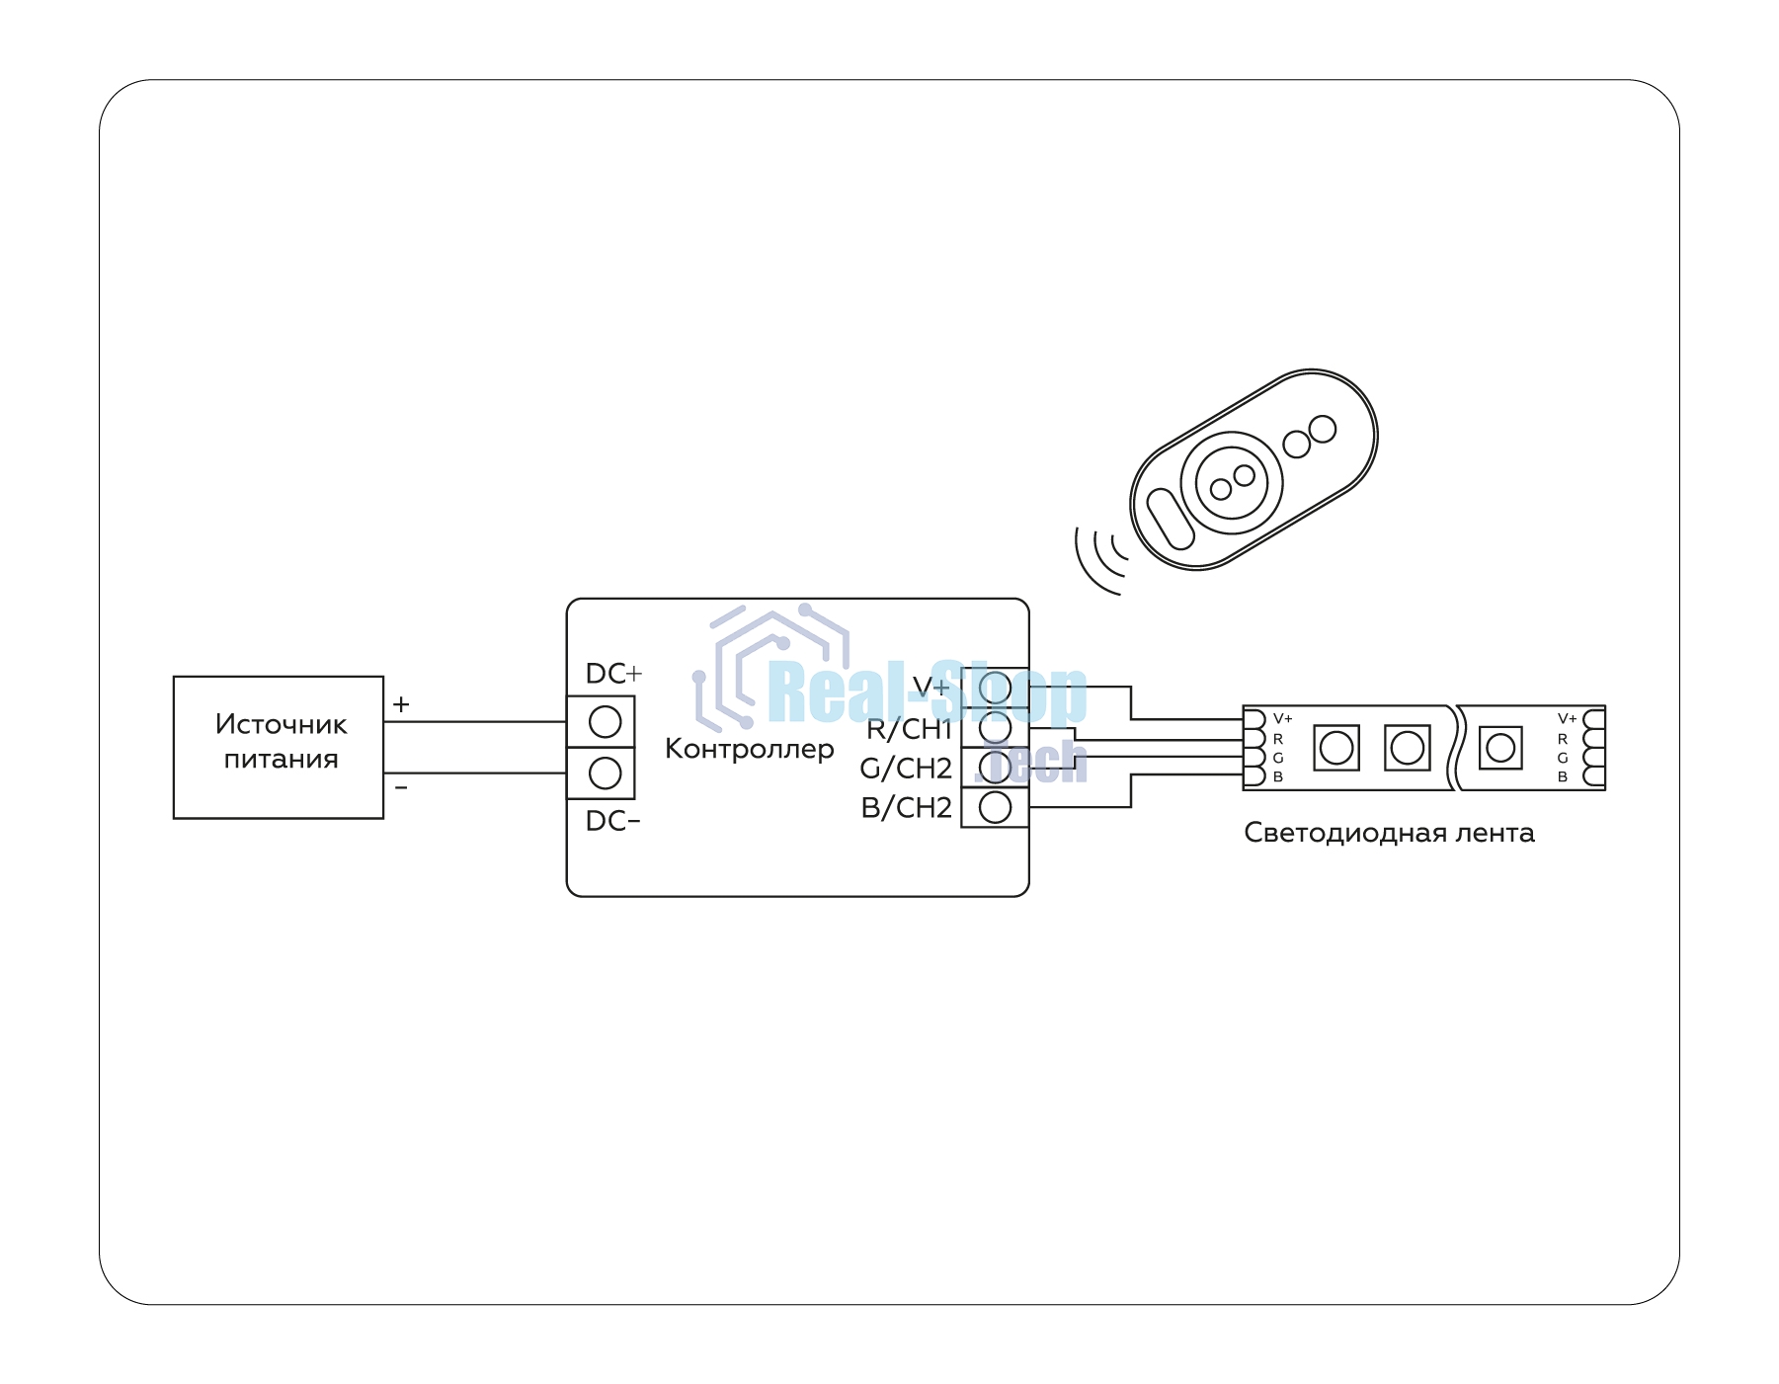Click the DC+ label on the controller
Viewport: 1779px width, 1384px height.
click(x=613, y=674)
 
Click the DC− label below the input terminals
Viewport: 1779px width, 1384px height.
click(x=613, y=821)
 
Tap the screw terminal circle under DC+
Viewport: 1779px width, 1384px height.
click(x=605, y=722)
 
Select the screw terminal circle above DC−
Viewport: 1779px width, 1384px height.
click(x=605, y=773)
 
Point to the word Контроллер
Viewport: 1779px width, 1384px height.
click(x=750, y=749)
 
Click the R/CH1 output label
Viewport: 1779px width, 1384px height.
click(x=909, y=729)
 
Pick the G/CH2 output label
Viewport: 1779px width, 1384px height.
click(x=906, y=768)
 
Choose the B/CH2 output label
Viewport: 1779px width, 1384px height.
click(x=907, y=807)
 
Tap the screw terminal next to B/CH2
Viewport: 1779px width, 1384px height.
click(x=995, y=807)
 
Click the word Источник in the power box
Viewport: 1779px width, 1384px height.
click(x=281, y=724)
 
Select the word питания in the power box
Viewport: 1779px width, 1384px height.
click(x=281, y=760)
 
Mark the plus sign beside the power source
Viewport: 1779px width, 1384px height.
click(x=401, y=704)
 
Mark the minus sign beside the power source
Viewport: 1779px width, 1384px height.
click(x=401, y=787)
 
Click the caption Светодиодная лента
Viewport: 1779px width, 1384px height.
click(x=1389, y=833)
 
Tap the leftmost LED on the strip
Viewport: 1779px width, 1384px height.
click(x=1336, y=748)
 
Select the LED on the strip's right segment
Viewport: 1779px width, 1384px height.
click(x=1500, y=748)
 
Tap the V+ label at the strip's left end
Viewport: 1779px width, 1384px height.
click(x=1282, y=718)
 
